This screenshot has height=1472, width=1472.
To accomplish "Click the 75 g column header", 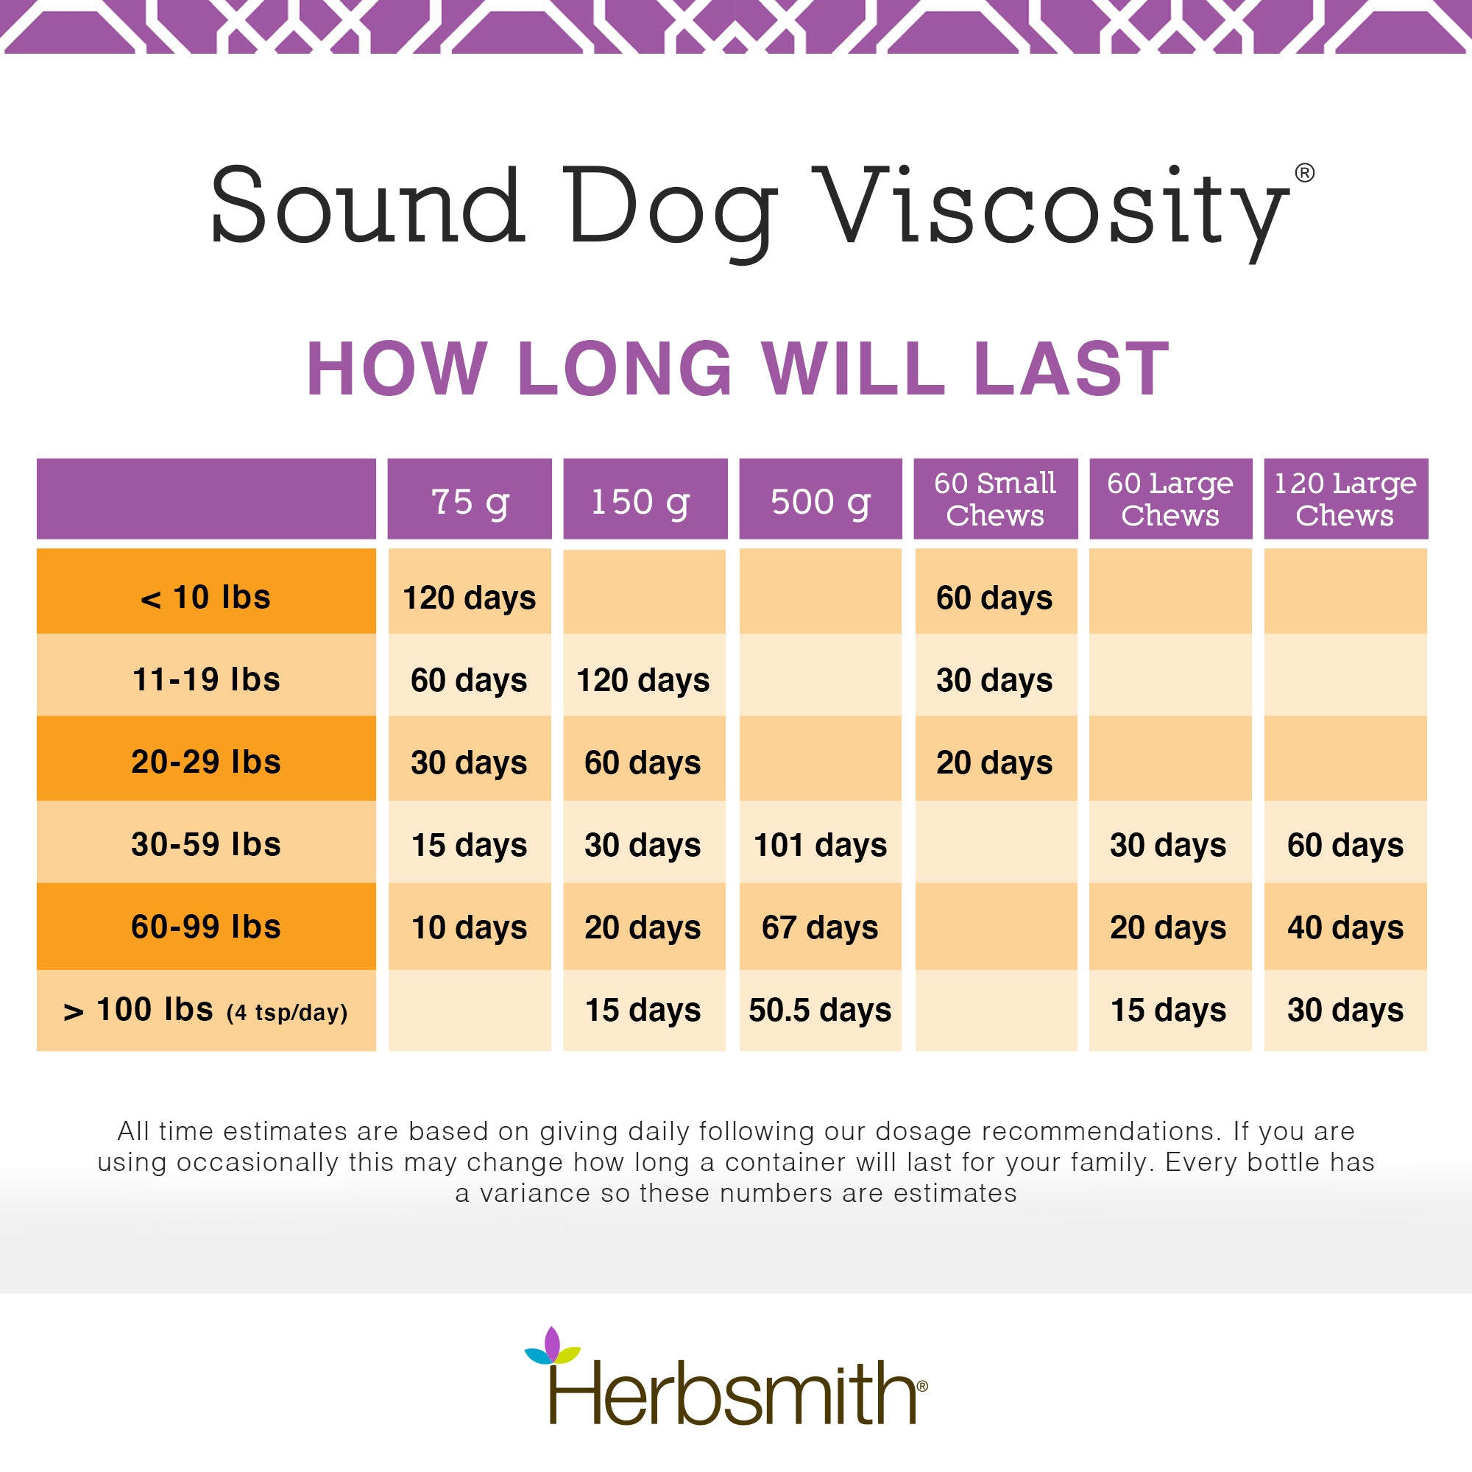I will [x=470, y=500].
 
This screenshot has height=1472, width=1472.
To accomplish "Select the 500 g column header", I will [x=820, y=500].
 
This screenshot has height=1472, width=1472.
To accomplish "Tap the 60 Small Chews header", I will [x=995, y=499].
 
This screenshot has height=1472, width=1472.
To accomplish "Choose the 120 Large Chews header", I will [x=1345, y=499].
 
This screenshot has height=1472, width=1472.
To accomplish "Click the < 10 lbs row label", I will [x=206, y=598].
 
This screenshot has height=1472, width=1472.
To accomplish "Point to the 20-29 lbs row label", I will [x=206, y=762].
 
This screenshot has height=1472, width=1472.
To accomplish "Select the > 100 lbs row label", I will [x=206, y=1011].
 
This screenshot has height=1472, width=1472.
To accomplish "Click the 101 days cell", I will [x=820, y=845].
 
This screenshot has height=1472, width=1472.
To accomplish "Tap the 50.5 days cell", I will [x=820, y=1011].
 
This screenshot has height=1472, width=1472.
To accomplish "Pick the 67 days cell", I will [x=820, y=927].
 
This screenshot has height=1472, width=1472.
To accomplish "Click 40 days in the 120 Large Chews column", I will [x=1345, y=927].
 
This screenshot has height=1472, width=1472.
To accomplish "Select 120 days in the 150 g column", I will [x=643, y=679].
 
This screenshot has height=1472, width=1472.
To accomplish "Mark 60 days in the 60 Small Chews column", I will [x=994, y=598].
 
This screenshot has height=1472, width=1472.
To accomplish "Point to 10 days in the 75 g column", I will [x=470, y=927].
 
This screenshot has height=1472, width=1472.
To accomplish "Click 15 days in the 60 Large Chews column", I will [x=1169, y=1011].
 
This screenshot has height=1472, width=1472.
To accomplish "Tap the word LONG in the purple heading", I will [x=625, y=369].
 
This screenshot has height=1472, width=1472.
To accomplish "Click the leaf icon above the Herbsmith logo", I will [x=553, y=1346].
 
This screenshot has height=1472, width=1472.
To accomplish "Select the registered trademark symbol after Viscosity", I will [x=1304, y=173].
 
